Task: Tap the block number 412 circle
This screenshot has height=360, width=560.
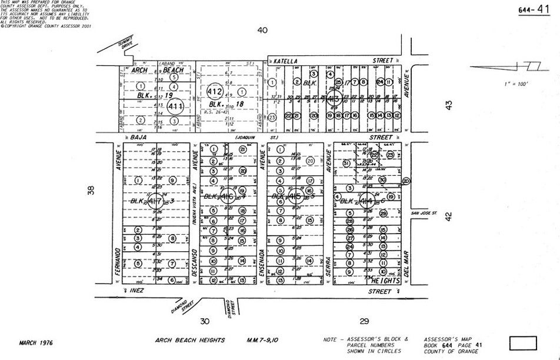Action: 214,92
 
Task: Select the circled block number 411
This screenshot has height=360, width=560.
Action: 175,106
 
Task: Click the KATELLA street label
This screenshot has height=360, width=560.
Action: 286,61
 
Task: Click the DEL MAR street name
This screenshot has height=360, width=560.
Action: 406,264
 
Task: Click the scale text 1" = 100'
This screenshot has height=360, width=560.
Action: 516,84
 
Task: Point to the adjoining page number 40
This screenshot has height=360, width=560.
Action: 262,30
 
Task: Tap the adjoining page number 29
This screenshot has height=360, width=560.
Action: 364,321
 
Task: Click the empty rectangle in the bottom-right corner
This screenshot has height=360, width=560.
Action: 522,342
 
